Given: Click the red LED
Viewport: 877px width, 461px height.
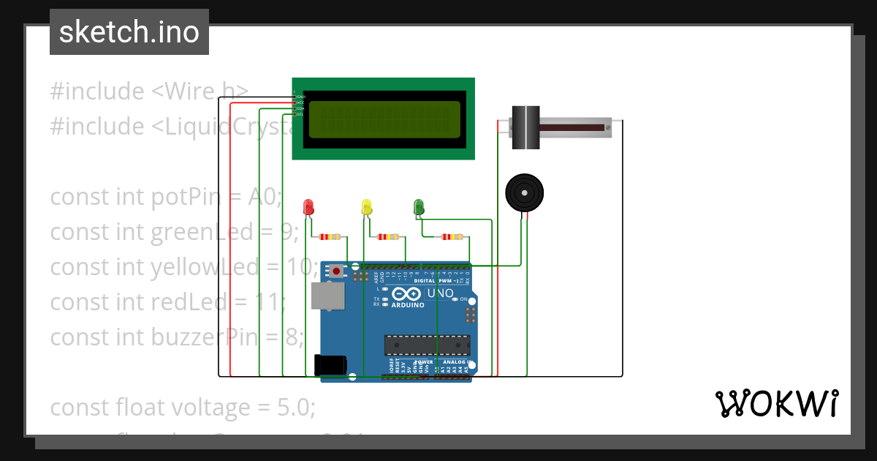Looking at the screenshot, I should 308,206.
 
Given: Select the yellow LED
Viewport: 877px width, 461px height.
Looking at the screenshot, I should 367,206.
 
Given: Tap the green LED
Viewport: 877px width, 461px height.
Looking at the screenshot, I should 419,206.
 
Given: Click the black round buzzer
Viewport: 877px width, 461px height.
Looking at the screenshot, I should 524,192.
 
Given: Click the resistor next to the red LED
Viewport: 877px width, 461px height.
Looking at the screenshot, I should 331,236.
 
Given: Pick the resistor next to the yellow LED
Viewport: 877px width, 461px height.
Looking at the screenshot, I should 387,236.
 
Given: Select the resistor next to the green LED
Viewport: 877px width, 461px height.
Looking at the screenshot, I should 452,236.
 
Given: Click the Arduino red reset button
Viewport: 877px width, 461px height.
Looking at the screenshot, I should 335,271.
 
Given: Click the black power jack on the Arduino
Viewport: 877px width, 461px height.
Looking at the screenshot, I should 330,365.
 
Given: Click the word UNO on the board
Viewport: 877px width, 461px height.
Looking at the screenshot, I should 440,293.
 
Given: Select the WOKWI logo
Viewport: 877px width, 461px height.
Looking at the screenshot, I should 776,403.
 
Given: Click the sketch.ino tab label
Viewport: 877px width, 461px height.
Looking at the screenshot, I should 129,32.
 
